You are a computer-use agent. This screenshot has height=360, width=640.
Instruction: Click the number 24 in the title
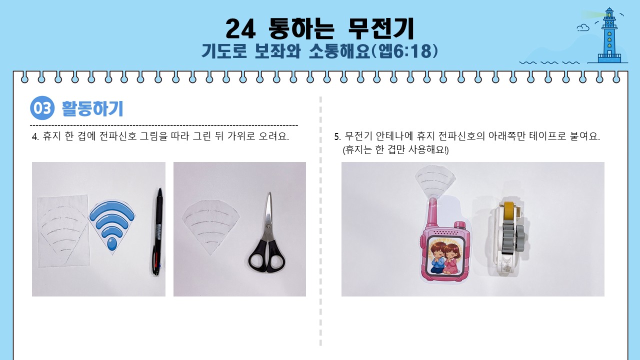240,28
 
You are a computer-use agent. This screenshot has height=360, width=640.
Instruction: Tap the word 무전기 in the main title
381,28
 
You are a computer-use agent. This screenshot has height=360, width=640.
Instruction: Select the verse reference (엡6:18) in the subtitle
404,51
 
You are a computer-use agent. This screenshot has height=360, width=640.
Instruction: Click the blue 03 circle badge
42,108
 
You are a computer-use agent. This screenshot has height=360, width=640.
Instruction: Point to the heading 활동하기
92,108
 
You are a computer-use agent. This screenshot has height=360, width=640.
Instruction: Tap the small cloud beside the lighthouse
583,27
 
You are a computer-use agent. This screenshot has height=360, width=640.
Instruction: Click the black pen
157,231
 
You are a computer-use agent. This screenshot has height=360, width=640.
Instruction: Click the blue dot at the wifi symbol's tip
111,244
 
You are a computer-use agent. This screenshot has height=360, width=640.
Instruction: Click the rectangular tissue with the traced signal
63,231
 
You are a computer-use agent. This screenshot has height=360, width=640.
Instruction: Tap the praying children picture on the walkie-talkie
445,256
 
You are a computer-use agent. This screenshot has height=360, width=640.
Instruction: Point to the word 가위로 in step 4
241,136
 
